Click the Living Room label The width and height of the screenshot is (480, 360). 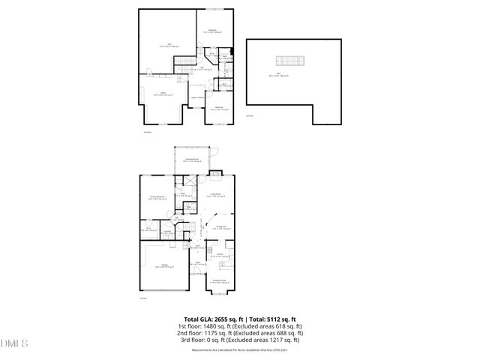coord(217,194)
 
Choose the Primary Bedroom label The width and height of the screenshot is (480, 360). coord(155,198)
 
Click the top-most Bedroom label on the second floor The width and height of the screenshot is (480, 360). coord(212,31)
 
